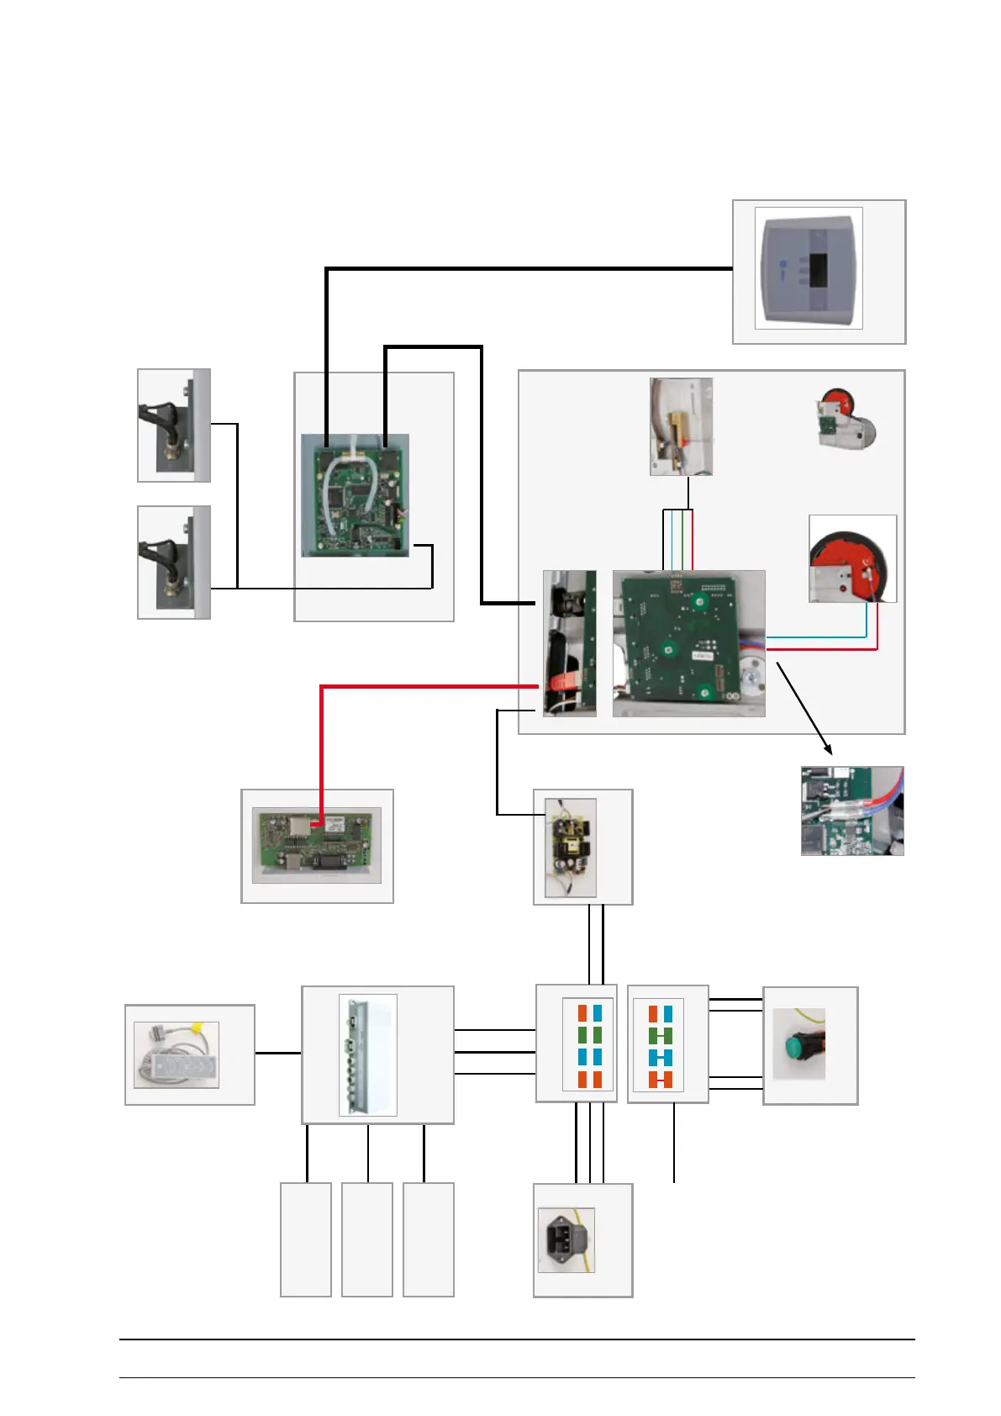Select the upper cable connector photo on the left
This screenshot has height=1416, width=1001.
tap(174, 425)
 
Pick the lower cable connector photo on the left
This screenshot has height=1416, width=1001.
tap(174, 562)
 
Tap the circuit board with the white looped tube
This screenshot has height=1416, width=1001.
tap(355, 495)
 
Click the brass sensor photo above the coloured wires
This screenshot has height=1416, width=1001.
tap(681, 426)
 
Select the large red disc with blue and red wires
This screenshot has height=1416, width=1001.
tap(851, 558)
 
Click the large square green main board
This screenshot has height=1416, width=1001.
tap(688, 643)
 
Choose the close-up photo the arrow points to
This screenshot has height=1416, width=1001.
tap(851, 811)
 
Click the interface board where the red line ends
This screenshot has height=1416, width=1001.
tap(317, 845)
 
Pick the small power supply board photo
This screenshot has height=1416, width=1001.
tap(571, 848)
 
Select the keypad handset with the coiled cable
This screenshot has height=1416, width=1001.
tap(176, 1055)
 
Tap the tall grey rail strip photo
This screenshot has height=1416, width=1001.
tap(367, 1055)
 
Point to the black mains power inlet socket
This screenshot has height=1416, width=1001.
tap(566, 1239)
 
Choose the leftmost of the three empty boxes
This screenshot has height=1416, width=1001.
tap(305, 1239)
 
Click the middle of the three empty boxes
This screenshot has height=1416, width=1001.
tap(367, 1239)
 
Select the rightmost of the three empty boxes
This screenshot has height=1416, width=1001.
tap(429, 1239)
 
